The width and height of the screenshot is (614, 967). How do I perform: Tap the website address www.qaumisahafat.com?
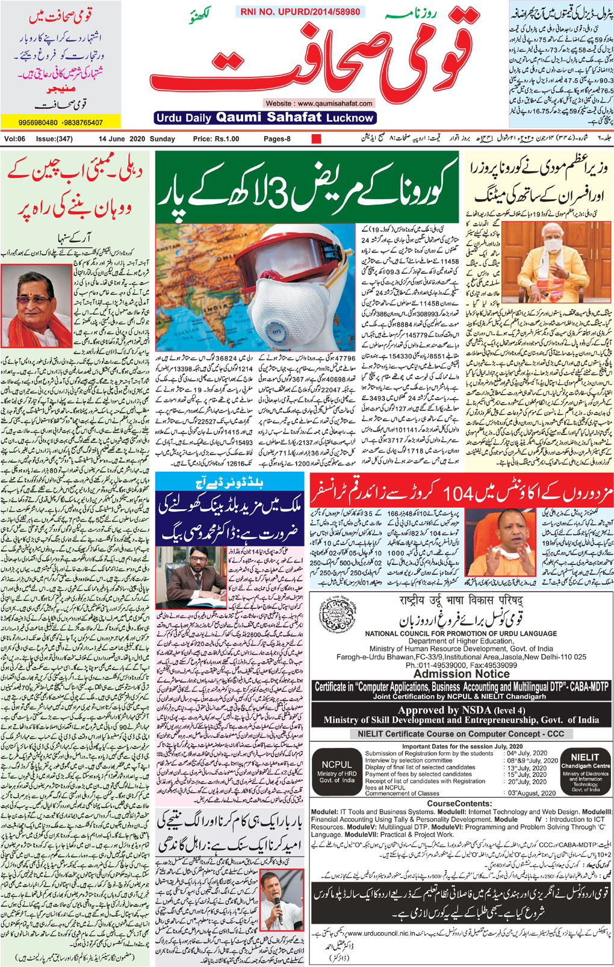pyautogui.click(x=319, y=103)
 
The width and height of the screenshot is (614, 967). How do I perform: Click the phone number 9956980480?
pyautogui.click(x=38, y=123)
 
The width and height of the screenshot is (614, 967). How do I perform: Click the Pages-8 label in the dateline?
pyautogui.click(x=278, y=139)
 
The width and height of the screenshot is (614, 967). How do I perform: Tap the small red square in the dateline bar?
pyautogui.click(x=316, y=139)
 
